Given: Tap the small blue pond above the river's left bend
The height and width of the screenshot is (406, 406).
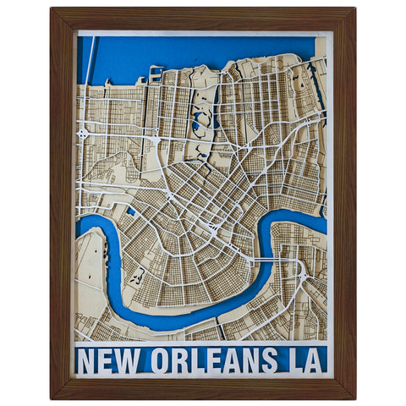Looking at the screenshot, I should click(x=131, y=210).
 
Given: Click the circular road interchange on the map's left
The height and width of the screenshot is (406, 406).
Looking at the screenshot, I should click(x=84, y=133).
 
